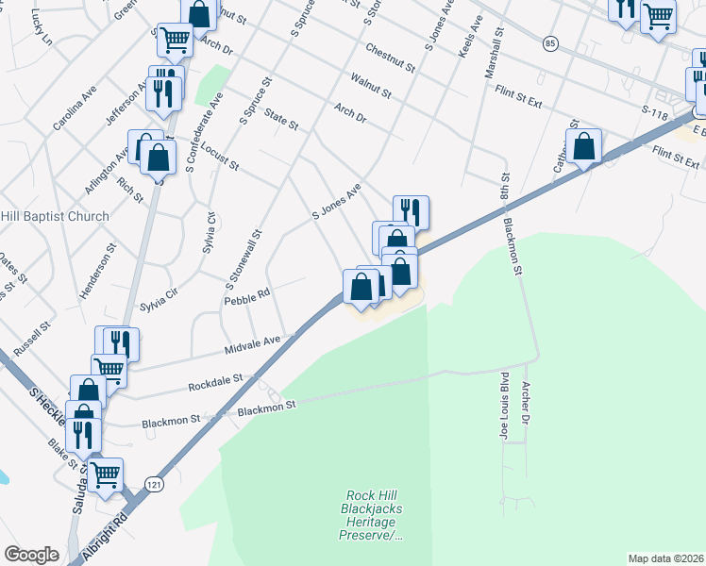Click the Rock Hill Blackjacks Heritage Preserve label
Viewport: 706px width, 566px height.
pos(372,515)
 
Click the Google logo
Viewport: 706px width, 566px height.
pos(31,555)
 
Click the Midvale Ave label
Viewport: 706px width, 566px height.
pos(253,345)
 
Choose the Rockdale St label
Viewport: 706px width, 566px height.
pos(215,381)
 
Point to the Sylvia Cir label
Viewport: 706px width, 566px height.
pos(159,301)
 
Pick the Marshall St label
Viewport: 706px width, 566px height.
pos(494,53)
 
